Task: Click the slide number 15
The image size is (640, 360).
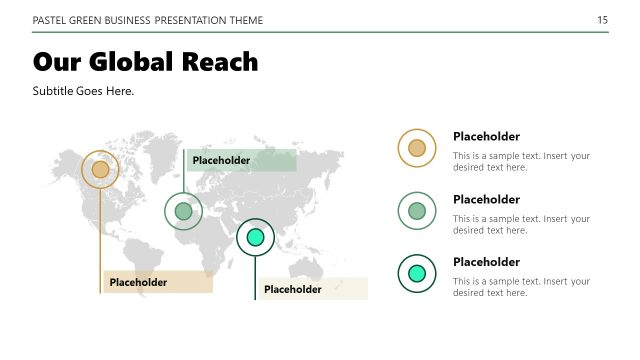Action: pyautogui.click(x=602, y=20)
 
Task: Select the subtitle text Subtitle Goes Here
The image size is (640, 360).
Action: pyautogui.click(x=83, y=91)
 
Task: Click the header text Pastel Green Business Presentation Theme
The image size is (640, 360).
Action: pyautogui.click(x=149, y=20)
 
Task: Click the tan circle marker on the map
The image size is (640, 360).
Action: pyautogui.click(x=100, y=170)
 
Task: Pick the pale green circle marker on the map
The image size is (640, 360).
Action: pyautogui.click(x=183, y=211)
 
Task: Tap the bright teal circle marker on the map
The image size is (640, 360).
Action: pyautogui.click(x=255, y=237)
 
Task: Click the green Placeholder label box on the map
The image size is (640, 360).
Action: pyautogui.click(x=241, y=160)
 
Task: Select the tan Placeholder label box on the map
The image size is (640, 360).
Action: pyautogui.click(x=158, y=282)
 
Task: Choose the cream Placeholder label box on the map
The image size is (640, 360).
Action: pyautogui.click(x=312, y=289)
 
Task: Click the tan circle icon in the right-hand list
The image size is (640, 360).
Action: pyautogui.click(x=417, y=149)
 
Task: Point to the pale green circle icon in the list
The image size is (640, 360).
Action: pyautogui.click(x=417, y=211)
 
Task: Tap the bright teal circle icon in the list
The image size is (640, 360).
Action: pyautogui.click(x=417, y=273)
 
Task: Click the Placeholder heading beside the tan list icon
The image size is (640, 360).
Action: pyautogui.click(x=486, y=137)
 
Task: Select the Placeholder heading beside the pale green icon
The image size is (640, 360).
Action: pyautogui.click(x=486, y=199)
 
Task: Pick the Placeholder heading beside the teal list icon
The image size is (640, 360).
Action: pyautogui.click(x=486, y=262)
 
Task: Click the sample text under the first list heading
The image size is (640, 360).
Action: pyautogui.click(x=521, y=161)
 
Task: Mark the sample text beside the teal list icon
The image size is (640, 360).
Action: pyautogui.click(x=521, y=287)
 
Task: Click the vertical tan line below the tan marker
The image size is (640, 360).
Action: pyautogui.click(x=101, y=240)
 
